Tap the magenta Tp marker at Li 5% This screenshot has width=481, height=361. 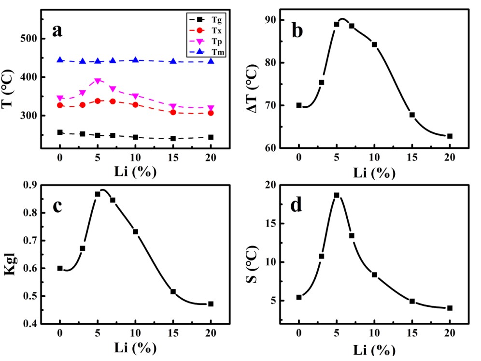[98, 81]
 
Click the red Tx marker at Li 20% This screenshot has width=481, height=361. [211, 113]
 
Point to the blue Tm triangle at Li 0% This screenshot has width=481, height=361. [60, 60]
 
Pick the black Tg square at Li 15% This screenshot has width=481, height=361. [173, 139]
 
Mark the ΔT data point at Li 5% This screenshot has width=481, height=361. [337, 24]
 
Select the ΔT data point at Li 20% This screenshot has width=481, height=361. [450, 136]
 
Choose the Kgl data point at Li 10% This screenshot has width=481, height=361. [135, 231]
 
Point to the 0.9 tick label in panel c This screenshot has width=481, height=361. [30, 186]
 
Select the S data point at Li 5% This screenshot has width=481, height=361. [337, 195]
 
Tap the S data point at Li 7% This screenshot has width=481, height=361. [352, 236]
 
